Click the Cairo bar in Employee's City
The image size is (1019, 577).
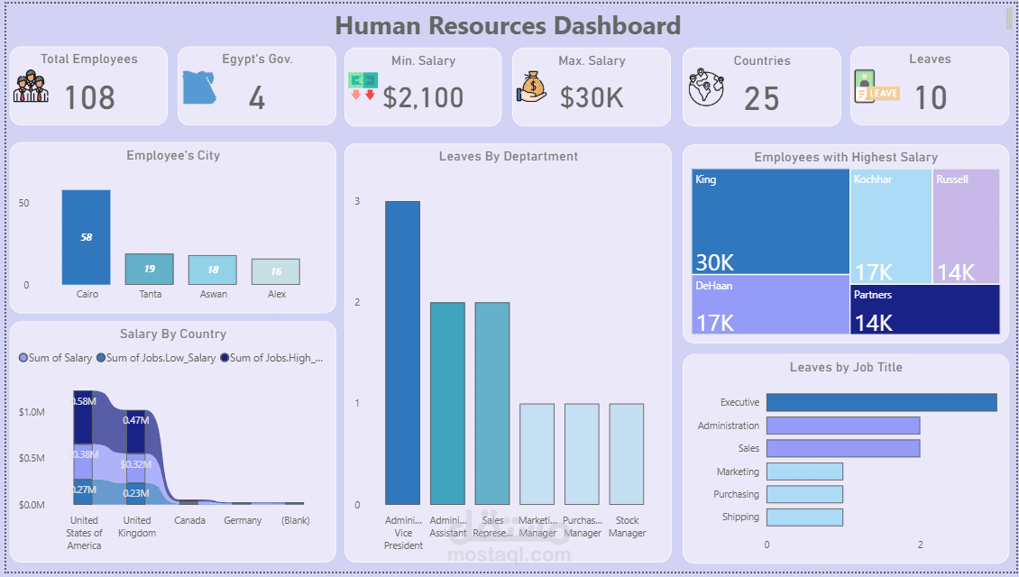click(87, 237)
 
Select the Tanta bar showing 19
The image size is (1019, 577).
click(149, 270)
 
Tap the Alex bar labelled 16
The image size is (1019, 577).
click(276, 272)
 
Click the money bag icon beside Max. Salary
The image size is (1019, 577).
click(532, 87)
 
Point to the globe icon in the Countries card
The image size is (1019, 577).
click(706, 88)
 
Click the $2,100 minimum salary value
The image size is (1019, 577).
click(423, 97)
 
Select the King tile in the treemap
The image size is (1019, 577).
click(771, 221)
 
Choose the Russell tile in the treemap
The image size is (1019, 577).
click(966, 225)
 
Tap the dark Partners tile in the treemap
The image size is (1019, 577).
click(924, 309)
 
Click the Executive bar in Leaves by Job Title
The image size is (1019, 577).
click(881, 402)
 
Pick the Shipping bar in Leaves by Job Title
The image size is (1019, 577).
click(804, 517)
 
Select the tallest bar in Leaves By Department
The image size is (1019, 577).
click(402, 353)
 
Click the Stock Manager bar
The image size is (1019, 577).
click(627, 453)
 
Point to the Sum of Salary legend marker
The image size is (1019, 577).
click(23, 358)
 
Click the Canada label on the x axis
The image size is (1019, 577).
click(189, 520)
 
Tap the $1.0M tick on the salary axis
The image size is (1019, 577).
click(32, 412)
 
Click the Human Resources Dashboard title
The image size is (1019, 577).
click(508, 25)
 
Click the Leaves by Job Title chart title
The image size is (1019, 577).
click(846, 368)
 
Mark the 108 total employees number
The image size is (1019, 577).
click(90, 97)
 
